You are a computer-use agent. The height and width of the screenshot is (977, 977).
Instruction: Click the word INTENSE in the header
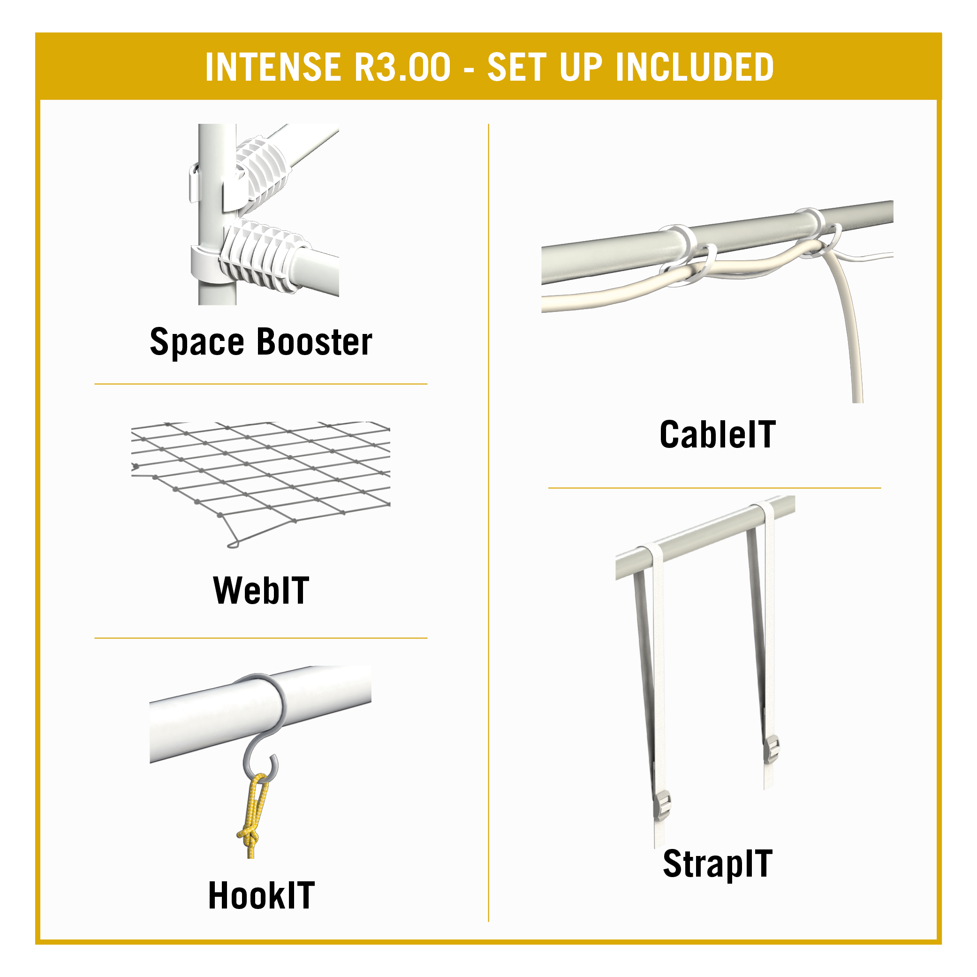273,67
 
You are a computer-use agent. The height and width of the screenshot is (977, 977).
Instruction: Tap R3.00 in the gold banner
402,67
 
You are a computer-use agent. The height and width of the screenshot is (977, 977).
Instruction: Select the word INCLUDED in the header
695,67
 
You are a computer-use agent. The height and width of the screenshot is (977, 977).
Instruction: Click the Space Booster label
261,342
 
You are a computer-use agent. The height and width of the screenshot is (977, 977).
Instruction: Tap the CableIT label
717,434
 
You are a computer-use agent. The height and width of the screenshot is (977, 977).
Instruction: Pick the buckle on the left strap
662,805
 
